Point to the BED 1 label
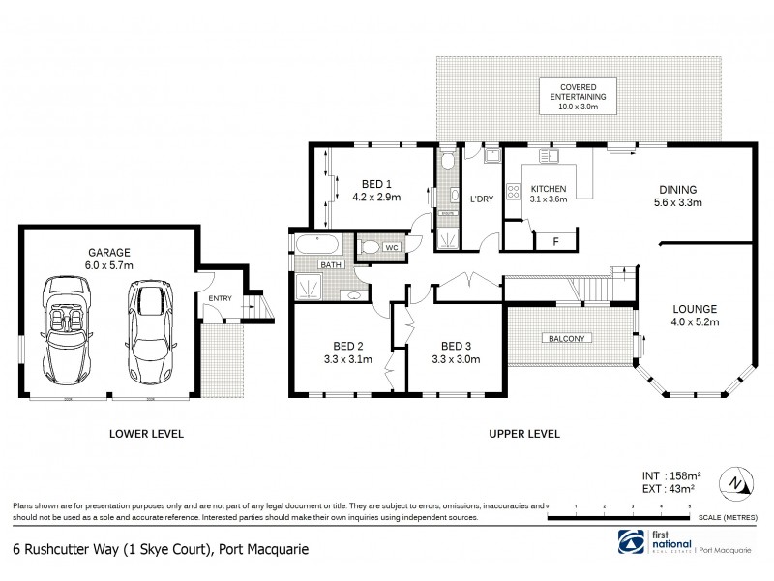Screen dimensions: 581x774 pos(376,184)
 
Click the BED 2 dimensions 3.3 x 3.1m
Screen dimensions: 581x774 pos(347,359)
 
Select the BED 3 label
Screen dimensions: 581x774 pos(455,346)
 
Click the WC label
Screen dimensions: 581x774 pos(392,248)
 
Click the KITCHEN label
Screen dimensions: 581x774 pos(548,187)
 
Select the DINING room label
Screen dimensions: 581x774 pos(677,190)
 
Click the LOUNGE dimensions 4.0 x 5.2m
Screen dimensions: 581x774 pos(696,322)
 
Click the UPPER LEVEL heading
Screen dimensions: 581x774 pos(522,434)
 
